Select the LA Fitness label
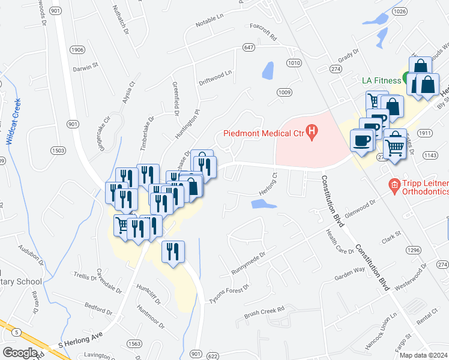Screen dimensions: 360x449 (381, 80)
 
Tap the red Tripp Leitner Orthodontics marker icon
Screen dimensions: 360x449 (394, 185)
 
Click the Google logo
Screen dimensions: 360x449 (19, 353)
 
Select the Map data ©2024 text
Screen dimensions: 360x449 (424, 355)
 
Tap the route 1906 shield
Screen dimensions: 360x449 (77, 50)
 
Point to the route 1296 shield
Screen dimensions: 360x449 (413, 248)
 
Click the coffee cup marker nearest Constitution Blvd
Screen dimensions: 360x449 (361, 142)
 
